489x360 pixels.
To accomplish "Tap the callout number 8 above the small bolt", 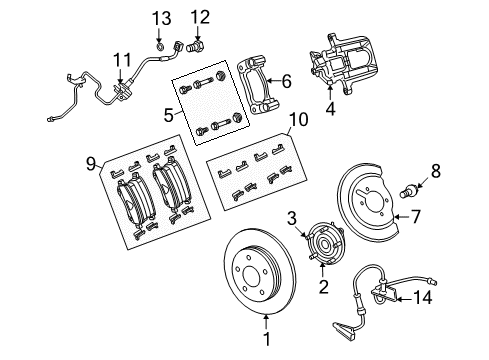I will click(x=435, y=171).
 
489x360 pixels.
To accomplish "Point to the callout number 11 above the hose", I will click(x=122, y=58).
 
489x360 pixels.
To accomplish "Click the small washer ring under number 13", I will click(x=161, y=45).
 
